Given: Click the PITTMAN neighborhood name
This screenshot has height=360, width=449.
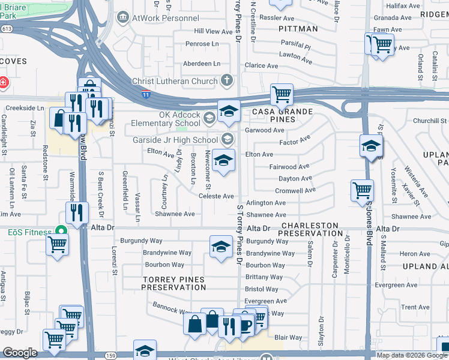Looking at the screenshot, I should click(298, 28).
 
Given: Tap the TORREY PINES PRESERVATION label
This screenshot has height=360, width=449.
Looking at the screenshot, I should click(173, 283).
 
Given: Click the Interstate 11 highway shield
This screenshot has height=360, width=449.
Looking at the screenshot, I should click(146, 94).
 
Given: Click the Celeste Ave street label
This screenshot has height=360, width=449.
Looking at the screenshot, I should click(215, 196).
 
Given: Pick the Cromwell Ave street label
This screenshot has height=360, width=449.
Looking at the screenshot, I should click(295, 190).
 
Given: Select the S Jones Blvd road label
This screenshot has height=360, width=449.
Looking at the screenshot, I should click(368, 222).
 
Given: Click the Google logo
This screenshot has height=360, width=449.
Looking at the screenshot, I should click(20, 353).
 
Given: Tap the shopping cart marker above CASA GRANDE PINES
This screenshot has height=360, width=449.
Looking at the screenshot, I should click(281, 94).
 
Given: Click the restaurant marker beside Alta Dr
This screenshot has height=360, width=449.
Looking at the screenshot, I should click(77, 212).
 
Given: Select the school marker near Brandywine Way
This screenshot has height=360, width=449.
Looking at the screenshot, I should click(221, 247).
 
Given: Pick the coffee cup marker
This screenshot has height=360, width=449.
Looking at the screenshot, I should click(245, 325).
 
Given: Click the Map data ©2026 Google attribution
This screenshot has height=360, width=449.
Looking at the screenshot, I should click(412, 355).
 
